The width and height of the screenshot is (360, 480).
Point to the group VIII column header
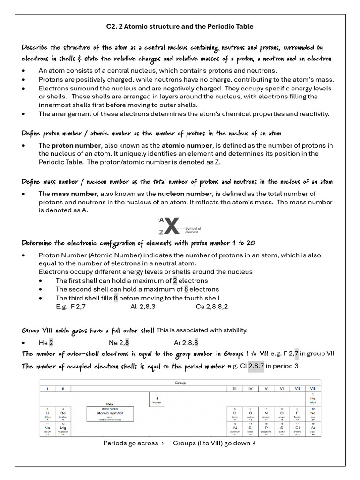pos(313,389)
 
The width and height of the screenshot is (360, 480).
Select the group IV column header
pos(250,389)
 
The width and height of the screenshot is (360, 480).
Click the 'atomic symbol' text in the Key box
pos(110,412)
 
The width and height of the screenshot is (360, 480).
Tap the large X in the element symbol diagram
pos(172,227)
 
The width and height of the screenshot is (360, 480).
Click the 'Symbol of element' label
pos(193,230)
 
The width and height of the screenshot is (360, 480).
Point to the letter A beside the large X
pos(161,219)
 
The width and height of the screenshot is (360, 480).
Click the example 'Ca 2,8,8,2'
pos(212,307)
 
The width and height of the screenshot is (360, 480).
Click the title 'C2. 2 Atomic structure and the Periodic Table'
pos(180,26)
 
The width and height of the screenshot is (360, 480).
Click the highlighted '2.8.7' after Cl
pos(256,366)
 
